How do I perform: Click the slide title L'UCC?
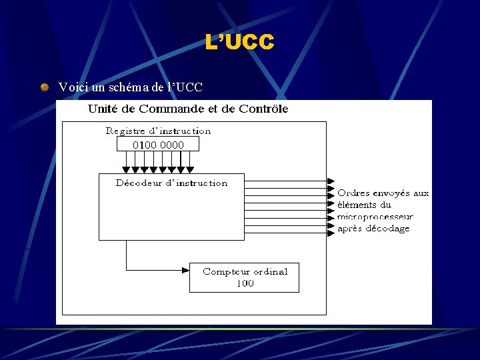pos(239,43)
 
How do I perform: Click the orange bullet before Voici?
pos(44,87)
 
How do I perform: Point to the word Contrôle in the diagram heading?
pos(264,109)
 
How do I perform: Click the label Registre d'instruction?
pos(158,131)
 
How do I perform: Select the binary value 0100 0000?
pos(158,145)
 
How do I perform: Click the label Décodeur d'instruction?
pos(171,183)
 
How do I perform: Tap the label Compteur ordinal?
pos(245,271)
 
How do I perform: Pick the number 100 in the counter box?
pos(245,283)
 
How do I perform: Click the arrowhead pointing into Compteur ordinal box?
pos(185,270)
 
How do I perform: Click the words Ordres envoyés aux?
pos(383,193)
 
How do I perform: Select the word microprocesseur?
pos(375,217)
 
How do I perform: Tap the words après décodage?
pos(373,229)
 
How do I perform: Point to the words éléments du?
pos(364,205)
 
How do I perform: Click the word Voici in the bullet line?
pos(71,87)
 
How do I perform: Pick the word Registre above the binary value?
pos(126,131)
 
